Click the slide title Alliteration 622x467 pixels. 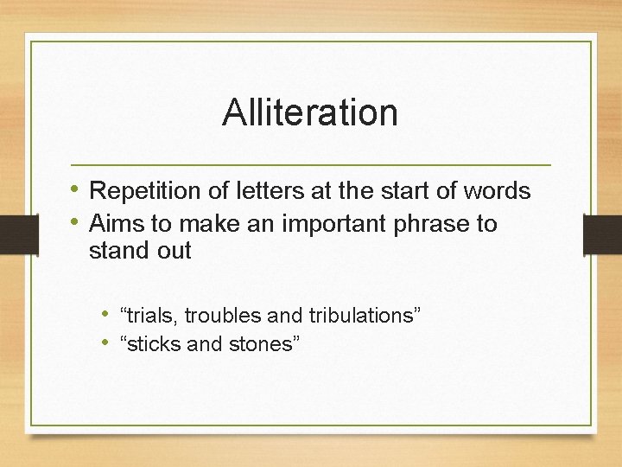coord(309,113)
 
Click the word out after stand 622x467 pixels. coord(174,251)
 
